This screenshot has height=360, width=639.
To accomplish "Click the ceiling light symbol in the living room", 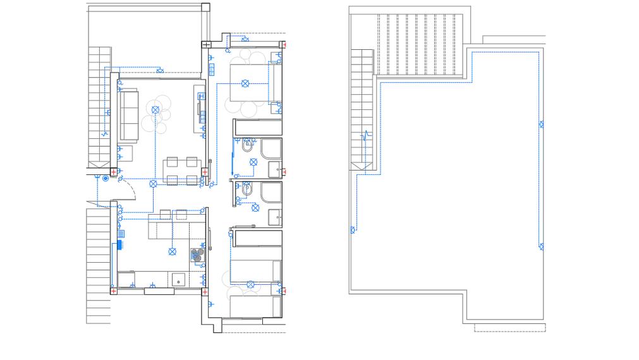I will tap(155, 109).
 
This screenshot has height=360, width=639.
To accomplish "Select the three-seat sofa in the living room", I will tap(129, 115).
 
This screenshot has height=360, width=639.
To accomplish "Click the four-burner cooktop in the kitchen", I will tap(196, 255).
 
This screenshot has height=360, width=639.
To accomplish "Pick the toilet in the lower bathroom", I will tap(245, 189).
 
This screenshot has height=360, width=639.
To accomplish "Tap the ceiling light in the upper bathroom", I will tap(253, 162).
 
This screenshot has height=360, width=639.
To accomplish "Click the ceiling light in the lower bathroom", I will tap(255, 207).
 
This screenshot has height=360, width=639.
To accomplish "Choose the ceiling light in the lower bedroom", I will tap(250, 284).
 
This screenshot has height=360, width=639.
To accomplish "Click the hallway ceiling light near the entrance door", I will tap(154, 184).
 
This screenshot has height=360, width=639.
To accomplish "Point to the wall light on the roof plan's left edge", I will tap(353, 229).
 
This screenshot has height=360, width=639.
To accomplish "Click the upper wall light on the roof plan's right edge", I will tap(542, 124).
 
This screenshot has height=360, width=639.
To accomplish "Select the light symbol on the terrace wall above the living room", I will tap(160, 70).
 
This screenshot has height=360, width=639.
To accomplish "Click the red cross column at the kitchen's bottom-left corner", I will tap(114, 291).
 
